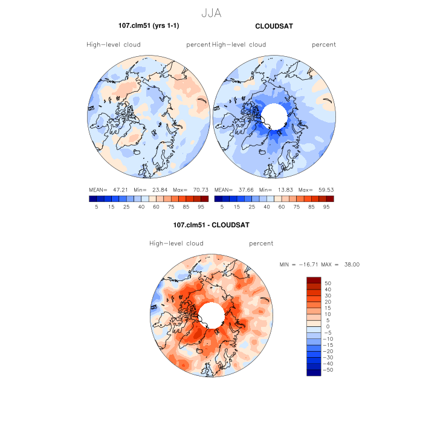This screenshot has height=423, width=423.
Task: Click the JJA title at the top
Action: (x=211, y=11)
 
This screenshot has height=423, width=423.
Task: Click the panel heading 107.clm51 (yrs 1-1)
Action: (x=149, y=26)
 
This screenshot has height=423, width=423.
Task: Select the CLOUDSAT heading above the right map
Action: (x=274, y=26)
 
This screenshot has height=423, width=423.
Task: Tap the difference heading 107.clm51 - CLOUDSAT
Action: (x=211, y=225)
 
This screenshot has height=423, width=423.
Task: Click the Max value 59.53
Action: (x=325, y=189)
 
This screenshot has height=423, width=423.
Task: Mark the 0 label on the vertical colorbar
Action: (x=328, y=326)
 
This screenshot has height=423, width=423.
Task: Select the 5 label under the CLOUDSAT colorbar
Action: (x=222, y=207)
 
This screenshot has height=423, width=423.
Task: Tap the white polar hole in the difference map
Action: (x=211, y=314)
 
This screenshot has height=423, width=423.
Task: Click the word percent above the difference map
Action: (x=261, y=244)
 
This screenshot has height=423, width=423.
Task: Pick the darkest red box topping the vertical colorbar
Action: (x=314, y=280)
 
